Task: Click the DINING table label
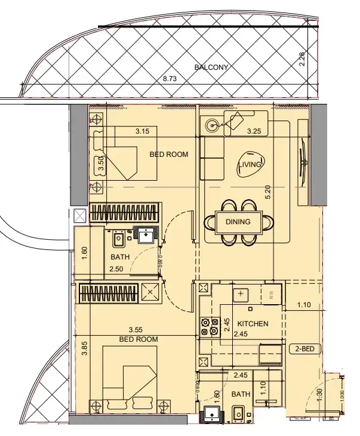click(x=238, y=222)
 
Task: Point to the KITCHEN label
click(x=253, y=324)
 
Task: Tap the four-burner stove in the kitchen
click(x=210, y=325)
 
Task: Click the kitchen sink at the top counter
click(x=241, y=294)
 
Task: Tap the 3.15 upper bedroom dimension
click(x=141, y=131)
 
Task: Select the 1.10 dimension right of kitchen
click(x=304, y=305)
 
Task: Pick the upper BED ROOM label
click(x=168, y=154)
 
